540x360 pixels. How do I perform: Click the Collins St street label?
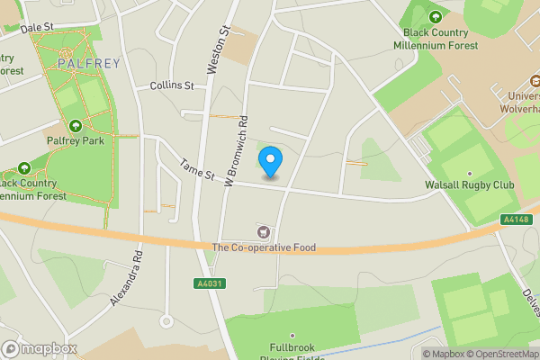[172, 85]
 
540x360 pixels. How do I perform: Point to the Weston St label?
[219, 49]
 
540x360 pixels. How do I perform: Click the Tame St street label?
[197, 168]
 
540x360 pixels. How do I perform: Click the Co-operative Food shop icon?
[264, 232]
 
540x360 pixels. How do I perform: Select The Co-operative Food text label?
[264, 247]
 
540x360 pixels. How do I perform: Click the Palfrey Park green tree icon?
[75, 126]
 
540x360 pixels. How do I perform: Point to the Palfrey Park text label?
[75, 140]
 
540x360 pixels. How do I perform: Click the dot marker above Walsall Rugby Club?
[469, 174]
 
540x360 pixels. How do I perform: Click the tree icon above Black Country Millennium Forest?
[436, 16]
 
